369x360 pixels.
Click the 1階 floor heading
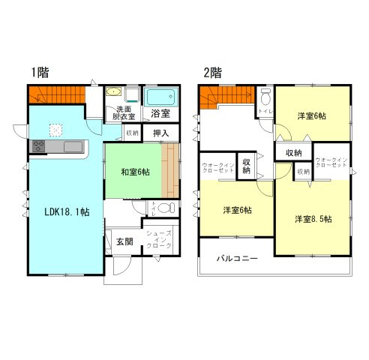(40, 73)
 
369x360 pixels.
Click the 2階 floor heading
(211, 73)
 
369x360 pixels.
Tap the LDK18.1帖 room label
(64, 212)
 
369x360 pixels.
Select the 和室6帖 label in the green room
(136, 172)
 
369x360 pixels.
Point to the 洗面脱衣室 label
(124, 112)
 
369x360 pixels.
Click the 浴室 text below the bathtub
(159, 114)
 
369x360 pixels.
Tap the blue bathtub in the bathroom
(159, 97)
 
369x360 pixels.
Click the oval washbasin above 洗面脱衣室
(113, 93)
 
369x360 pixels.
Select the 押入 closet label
(160, 133)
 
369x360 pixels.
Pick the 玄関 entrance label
(124, 241)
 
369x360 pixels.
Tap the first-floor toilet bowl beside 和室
(166, 208)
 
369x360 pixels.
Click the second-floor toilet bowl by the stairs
(265, 97)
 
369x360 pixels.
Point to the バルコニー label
(238, 258)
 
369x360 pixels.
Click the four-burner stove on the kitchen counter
(39, 145)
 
